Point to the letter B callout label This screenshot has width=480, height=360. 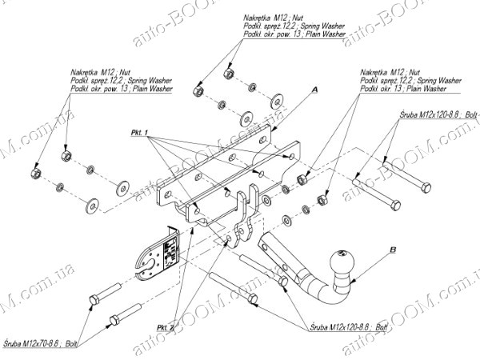coord(393,250)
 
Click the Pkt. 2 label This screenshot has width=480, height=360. coord(166,327)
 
